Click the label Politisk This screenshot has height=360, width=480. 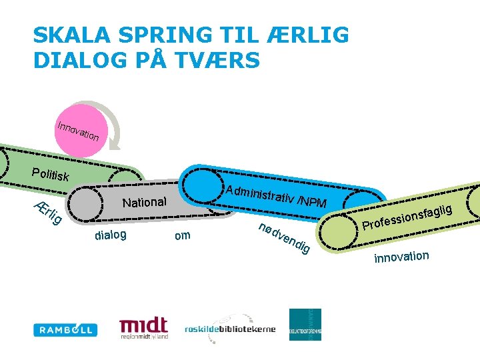[x=50, y=175]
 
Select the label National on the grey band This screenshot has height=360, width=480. [x=145, y=201]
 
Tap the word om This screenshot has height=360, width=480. [x=181, y=235]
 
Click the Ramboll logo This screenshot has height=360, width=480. [x=65, y=329]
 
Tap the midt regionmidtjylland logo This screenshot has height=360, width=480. [x=143, y=327]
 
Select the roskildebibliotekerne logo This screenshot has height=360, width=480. [x=230, y=328]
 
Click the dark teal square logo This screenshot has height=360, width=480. [x=305, y=325]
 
